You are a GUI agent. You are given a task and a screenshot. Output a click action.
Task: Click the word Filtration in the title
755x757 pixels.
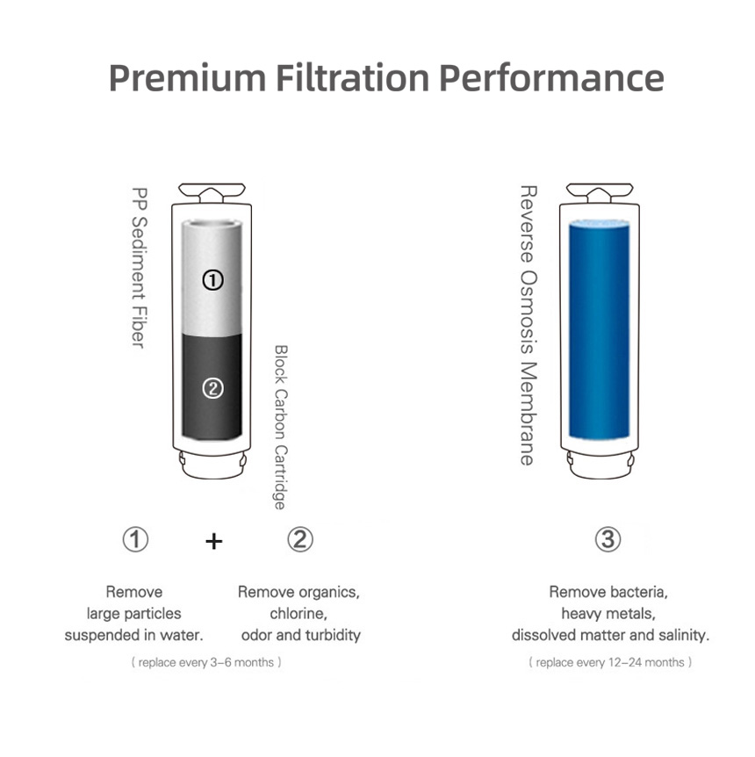[352, 78]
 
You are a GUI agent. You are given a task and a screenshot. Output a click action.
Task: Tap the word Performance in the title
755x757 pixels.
[552, 78]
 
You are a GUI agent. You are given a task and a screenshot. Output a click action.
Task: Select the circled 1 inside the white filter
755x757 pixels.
[212, 280]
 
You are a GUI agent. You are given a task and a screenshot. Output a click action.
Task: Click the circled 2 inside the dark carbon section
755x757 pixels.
[212, 388]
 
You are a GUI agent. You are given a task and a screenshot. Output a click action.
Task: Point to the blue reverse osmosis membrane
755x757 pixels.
[599, 329]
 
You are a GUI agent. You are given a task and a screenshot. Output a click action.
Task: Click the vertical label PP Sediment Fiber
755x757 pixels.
[139, 268]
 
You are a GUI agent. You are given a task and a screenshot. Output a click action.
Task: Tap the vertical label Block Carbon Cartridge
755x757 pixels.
[280, 428]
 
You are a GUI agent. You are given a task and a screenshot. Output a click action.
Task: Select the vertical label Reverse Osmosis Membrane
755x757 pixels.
[528, 326]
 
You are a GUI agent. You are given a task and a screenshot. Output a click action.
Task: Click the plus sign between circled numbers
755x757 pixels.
[214, 541]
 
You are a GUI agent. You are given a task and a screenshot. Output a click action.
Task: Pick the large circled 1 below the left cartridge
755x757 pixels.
[135, 539]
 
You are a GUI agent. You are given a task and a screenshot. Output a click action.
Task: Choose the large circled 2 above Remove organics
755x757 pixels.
[300, 539]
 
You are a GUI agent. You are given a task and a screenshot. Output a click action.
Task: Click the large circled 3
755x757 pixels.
[608, 539]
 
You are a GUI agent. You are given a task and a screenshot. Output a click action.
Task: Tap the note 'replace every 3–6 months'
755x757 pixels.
[206, 662]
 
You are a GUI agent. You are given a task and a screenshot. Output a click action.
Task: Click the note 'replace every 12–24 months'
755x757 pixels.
[610, 662]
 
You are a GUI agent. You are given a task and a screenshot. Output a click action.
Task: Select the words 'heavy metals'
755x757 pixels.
[608, 614]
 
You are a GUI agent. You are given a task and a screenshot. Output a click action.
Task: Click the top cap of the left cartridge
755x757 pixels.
[212, 193]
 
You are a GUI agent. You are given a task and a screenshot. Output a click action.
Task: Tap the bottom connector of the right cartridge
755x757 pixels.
[600, 465]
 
